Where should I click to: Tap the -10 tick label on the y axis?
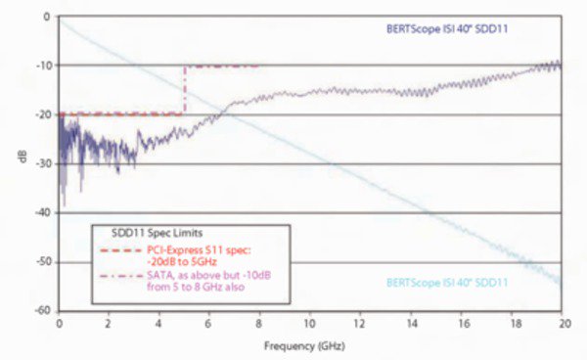(45, 66)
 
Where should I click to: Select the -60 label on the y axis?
(45, 311)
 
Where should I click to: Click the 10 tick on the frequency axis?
(310, 323)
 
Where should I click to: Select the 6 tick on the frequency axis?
(209, 323)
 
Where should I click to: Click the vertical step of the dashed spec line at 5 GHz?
(184, 90)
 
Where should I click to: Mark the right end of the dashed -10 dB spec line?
(259, 66)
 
